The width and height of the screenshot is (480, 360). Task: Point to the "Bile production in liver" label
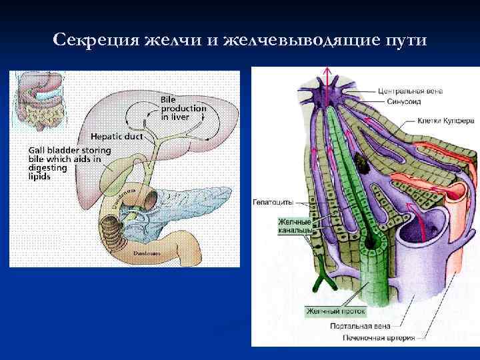[183, 108]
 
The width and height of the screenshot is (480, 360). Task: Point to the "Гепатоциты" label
[273, 201]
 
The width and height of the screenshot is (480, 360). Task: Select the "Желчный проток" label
[335, 311]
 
